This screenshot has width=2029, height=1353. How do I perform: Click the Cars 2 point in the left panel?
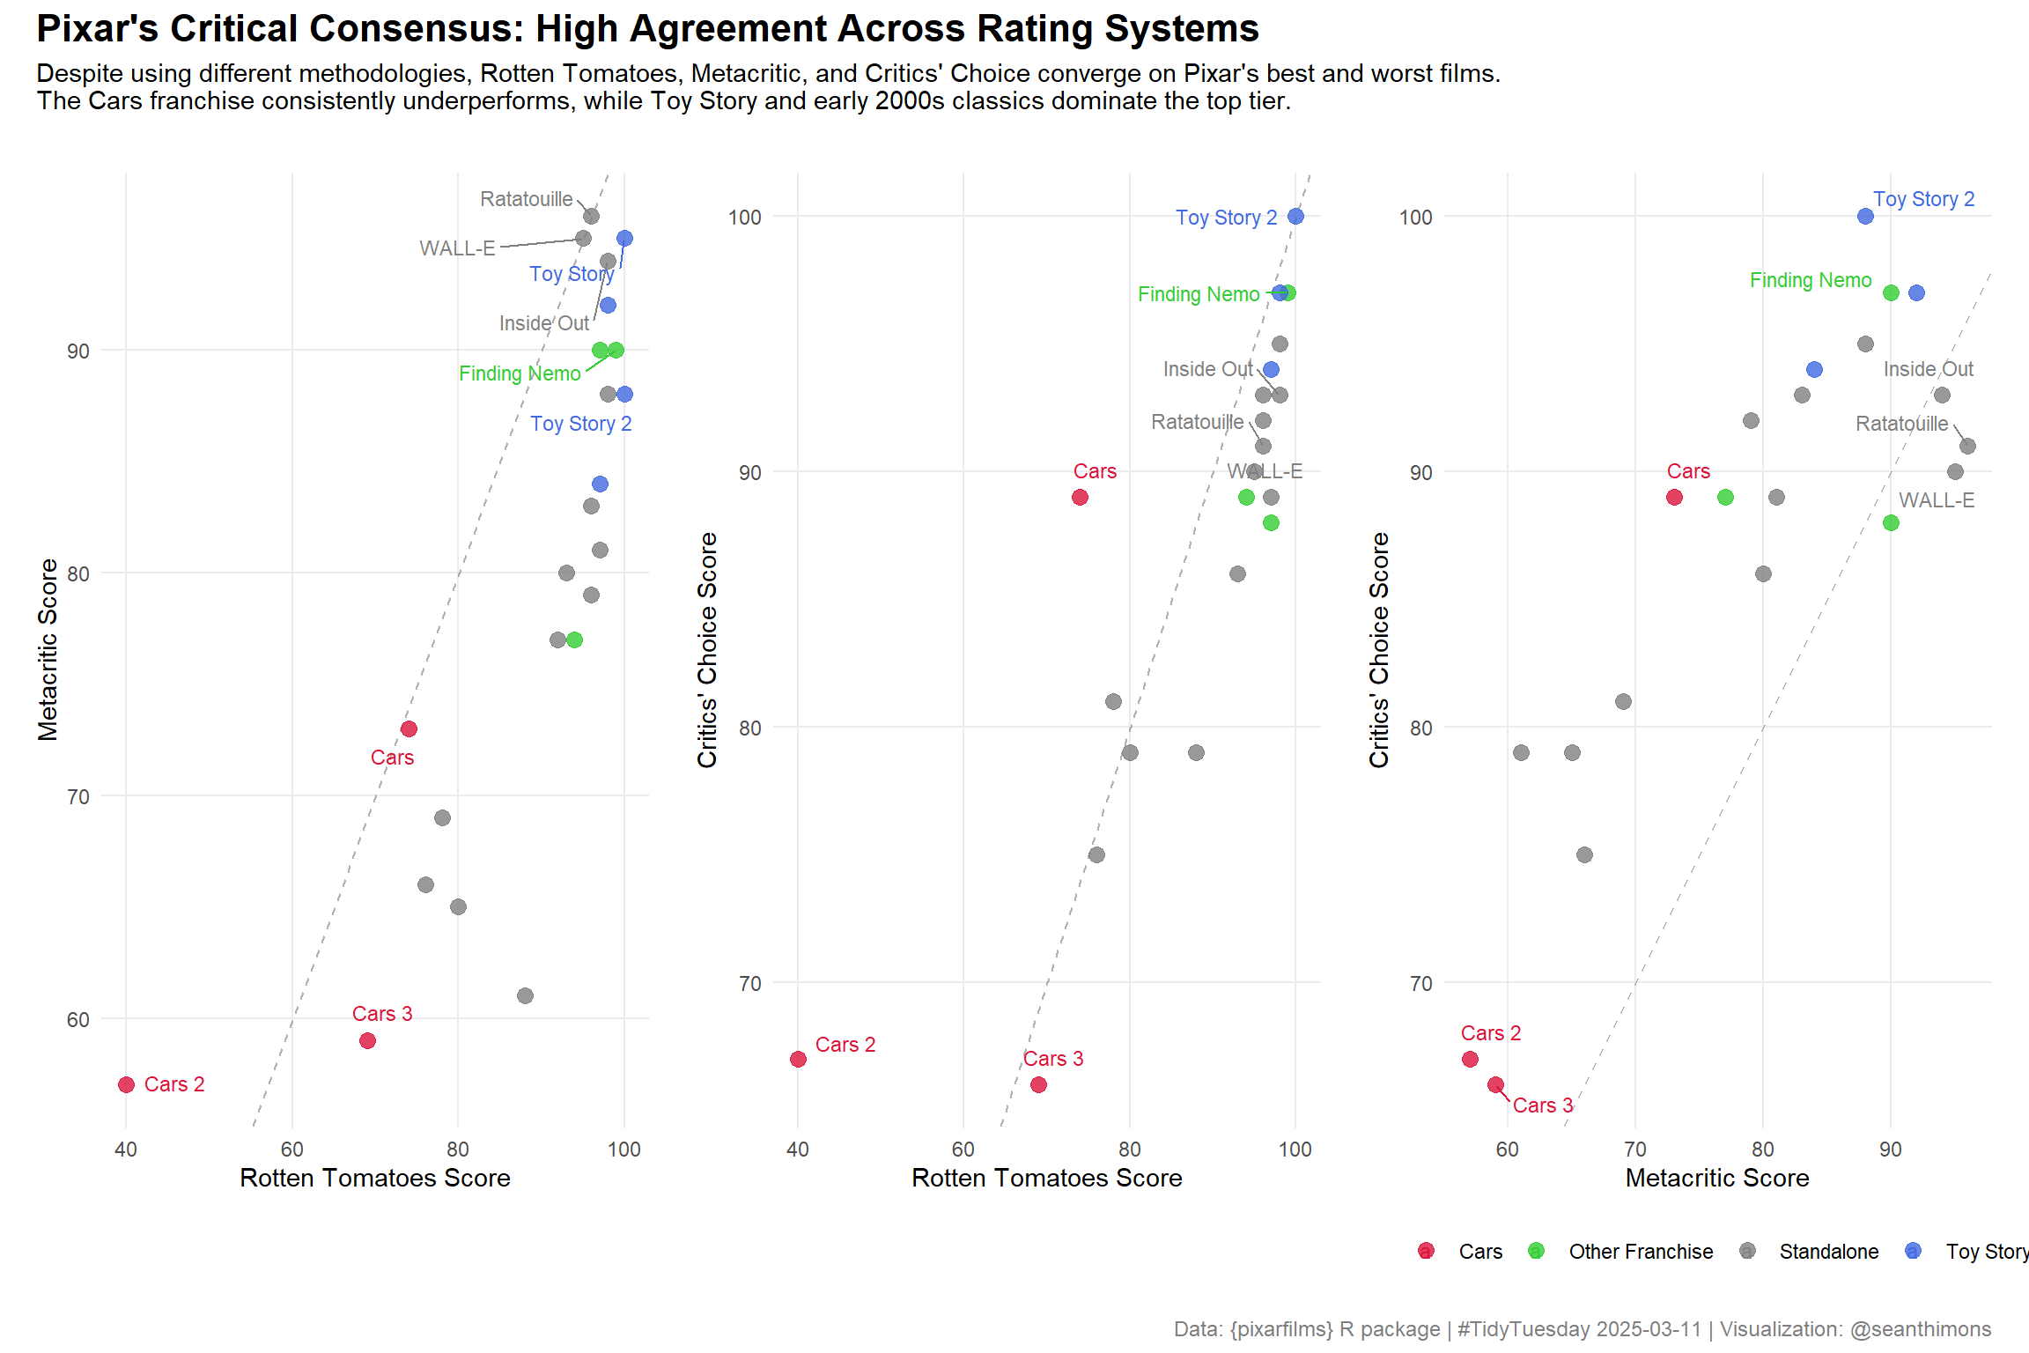point(126,1084)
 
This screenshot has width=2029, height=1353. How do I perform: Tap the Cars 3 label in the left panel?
point(382,1014)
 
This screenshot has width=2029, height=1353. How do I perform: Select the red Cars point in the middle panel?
point(1080,498)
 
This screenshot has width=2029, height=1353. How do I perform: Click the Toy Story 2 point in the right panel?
point(1865,217)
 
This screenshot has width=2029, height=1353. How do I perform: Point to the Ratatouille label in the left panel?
point(526,199)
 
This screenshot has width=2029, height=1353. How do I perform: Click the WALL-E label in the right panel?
point(1936,500)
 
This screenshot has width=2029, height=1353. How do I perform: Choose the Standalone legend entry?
point(1828,1252)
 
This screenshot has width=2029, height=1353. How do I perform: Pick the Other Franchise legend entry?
point(1641,1252)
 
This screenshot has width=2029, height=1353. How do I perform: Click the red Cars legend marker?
point(1426,1251)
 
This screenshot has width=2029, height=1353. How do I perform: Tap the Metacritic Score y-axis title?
point(48,649)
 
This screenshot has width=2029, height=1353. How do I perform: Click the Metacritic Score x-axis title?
point(1716,1178)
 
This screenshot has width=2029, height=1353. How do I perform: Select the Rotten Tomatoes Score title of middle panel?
point(1046,1178)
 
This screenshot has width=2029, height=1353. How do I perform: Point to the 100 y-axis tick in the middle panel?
point(744,218)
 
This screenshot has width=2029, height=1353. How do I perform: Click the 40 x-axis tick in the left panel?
point(126,1150)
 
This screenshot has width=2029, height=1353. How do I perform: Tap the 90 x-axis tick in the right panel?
point(1890,1150)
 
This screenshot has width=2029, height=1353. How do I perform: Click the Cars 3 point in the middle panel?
point(1038,1084)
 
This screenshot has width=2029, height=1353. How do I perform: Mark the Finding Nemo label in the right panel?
point(1810,280)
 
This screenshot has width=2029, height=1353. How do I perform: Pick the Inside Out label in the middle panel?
point(1207,369)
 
